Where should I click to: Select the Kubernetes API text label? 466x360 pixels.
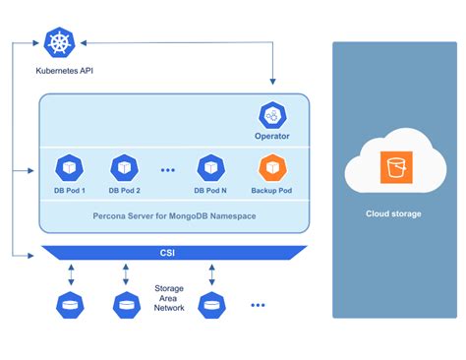(x=57, y=73)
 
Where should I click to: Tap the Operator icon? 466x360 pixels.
(x=271, y=114)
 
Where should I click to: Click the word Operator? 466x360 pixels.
(x=271, y=138)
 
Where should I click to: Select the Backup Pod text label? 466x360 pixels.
(x=271, y=190)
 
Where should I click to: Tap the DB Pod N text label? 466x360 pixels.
(x=209, y=190)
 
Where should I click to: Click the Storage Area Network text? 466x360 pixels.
(x=169, y=299)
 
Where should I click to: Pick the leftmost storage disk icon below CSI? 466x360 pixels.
(x=70, y=306)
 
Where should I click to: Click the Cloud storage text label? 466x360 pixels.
(x=394, y=213)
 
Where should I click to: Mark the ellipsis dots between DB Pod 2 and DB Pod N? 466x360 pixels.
(x=167, y=169)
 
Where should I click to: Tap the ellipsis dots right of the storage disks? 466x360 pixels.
(x=258, y=306)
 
